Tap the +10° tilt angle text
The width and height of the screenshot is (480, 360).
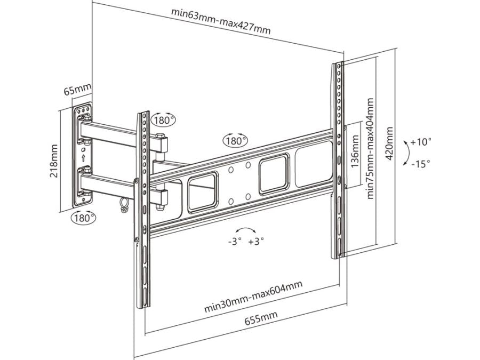click(x=421, y=142)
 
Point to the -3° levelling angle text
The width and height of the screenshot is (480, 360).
click(x=235, y=241)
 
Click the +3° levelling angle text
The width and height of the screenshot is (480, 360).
click(x=256, y=241)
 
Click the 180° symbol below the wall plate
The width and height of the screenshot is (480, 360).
click(x=84, y=218)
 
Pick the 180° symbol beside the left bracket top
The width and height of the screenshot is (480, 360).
click(x=163, y=120)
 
